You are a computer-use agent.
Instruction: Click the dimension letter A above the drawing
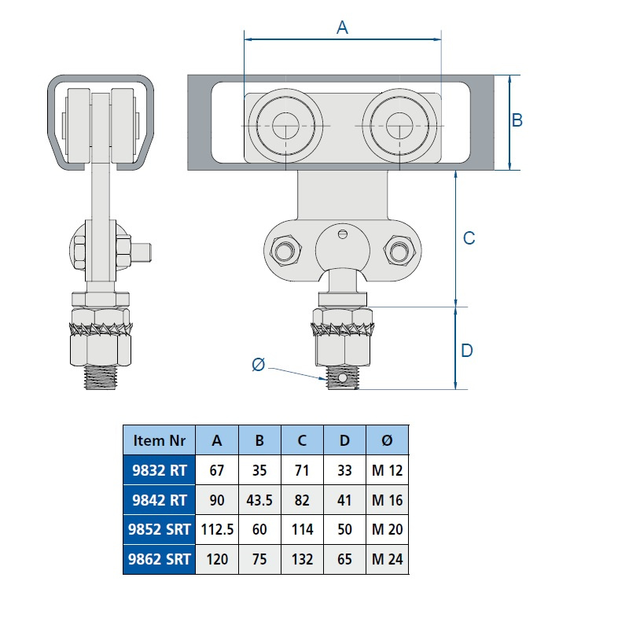click(342, 28)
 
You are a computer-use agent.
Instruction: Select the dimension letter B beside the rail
click(517, 120)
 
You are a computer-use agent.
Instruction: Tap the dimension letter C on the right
click(469, 237)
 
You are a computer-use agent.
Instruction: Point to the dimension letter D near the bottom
click(466, 351)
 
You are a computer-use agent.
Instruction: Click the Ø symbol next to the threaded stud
click(258, 364)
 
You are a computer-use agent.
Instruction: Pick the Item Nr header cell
click(159, 440)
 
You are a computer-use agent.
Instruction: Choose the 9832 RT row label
click(159, 470)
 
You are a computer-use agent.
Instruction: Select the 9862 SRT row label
click(159, 559)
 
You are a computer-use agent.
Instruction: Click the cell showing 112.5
click(217, 529)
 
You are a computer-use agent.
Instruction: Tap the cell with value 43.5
click(259, 500)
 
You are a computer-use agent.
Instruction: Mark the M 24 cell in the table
click(387, 559)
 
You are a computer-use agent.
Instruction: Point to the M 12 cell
click(387, 470)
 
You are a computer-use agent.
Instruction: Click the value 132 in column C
click(302, 559)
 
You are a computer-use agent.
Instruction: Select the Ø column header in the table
click(387, 440)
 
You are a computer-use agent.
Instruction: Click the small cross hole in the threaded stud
click(342, 378)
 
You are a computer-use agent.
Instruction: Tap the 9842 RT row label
click(159, 500)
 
